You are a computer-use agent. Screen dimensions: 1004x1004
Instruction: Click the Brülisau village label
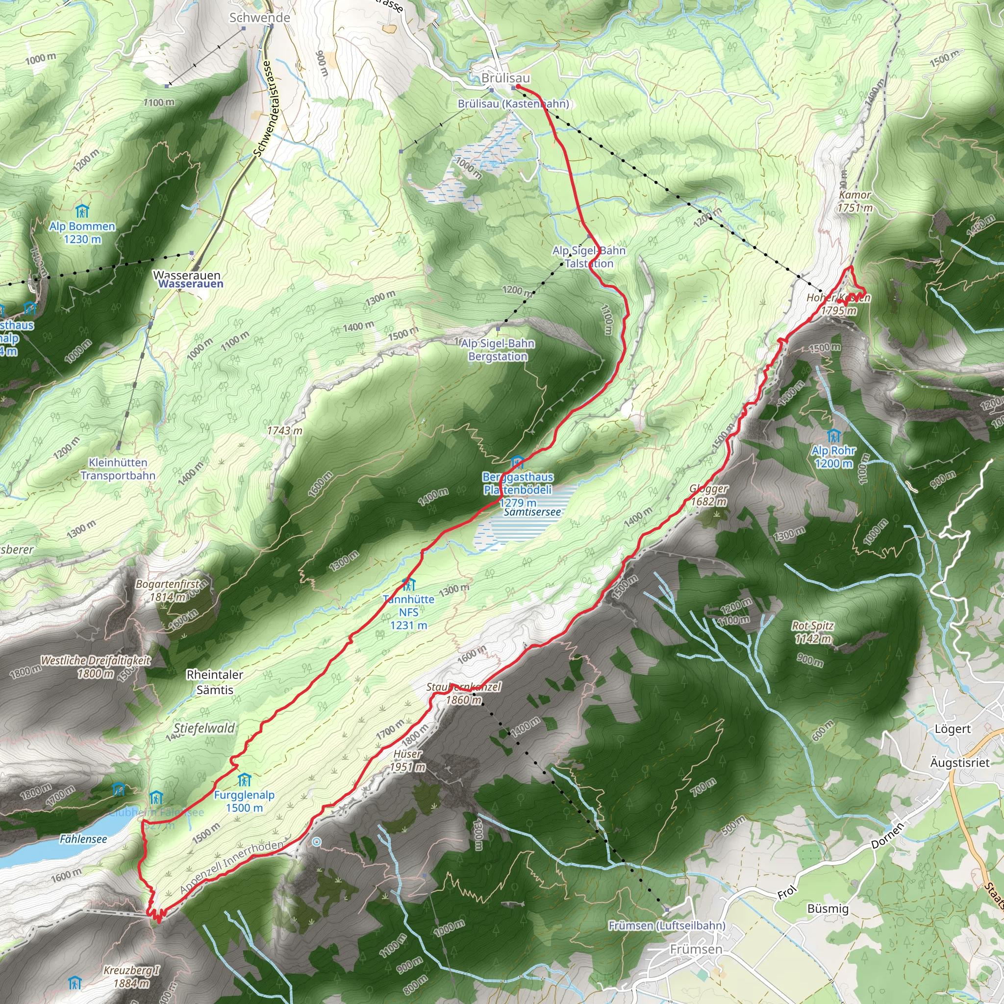pyautogui.click(x=505, y=78)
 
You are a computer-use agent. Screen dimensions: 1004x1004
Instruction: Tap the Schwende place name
pyautogui.click(x=260, y=18)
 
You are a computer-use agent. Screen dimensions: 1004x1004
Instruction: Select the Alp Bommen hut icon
pyautogui.click(x=82, y=211)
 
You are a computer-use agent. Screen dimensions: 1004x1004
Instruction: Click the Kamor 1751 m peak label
pyautogui.click(x=855, y=201)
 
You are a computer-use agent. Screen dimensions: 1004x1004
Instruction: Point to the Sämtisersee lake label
pyautogui.click(x=532, y=512)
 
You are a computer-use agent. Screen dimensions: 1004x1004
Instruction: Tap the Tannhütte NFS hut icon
pyautogui.click(x=408, y=584)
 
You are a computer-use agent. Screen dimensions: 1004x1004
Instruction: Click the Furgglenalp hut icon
pyautogui.click(x=244, y=780)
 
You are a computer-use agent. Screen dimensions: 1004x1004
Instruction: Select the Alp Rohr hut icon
pyautogui.click(x=833, y=435)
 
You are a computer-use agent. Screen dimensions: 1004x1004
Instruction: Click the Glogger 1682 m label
pyautogui.click(x=708, y=495)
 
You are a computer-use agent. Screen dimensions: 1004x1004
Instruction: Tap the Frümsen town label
pyautogui.click(x=696, y=950)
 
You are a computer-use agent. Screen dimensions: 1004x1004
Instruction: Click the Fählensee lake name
pyautogui.click(x=83, y=839)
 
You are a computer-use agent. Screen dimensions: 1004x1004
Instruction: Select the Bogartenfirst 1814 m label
pyautogui.click(x=167, y=590)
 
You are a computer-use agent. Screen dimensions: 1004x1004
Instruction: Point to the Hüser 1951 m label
pyautogui.click(x=408, y=760)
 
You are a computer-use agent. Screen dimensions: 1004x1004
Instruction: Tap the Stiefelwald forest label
pyautogui.click(x=204, y=728)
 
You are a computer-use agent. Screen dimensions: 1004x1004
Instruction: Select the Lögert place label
pyautogui.click(x=953, y=729)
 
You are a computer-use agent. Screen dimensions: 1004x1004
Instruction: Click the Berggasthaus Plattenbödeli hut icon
pyautogui.click(x=517, y=461)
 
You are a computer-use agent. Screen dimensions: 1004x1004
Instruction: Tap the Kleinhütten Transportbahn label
pyautogui.click(x=118, y=469)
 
